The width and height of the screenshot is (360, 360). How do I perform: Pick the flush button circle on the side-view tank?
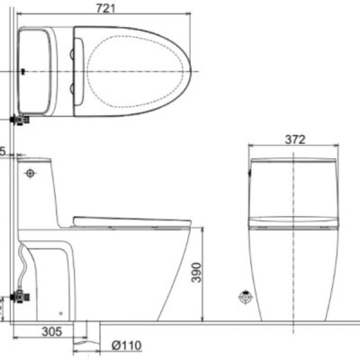pyautogui.click(x=30, y=173)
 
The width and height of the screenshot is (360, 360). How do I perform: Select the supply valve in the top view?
pyautogui.click(x=22, y=120)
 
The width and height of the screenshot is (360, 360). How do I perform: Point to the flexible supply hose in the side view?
pyautogui.click(x=23, y=264)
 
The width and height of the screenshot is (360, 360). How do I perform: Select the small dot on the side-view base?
pyautogui.click(x=62, y=312)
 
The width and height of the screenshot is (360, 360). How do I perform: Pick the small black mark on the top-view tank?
pyautogui.click(x=22, y=71)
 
